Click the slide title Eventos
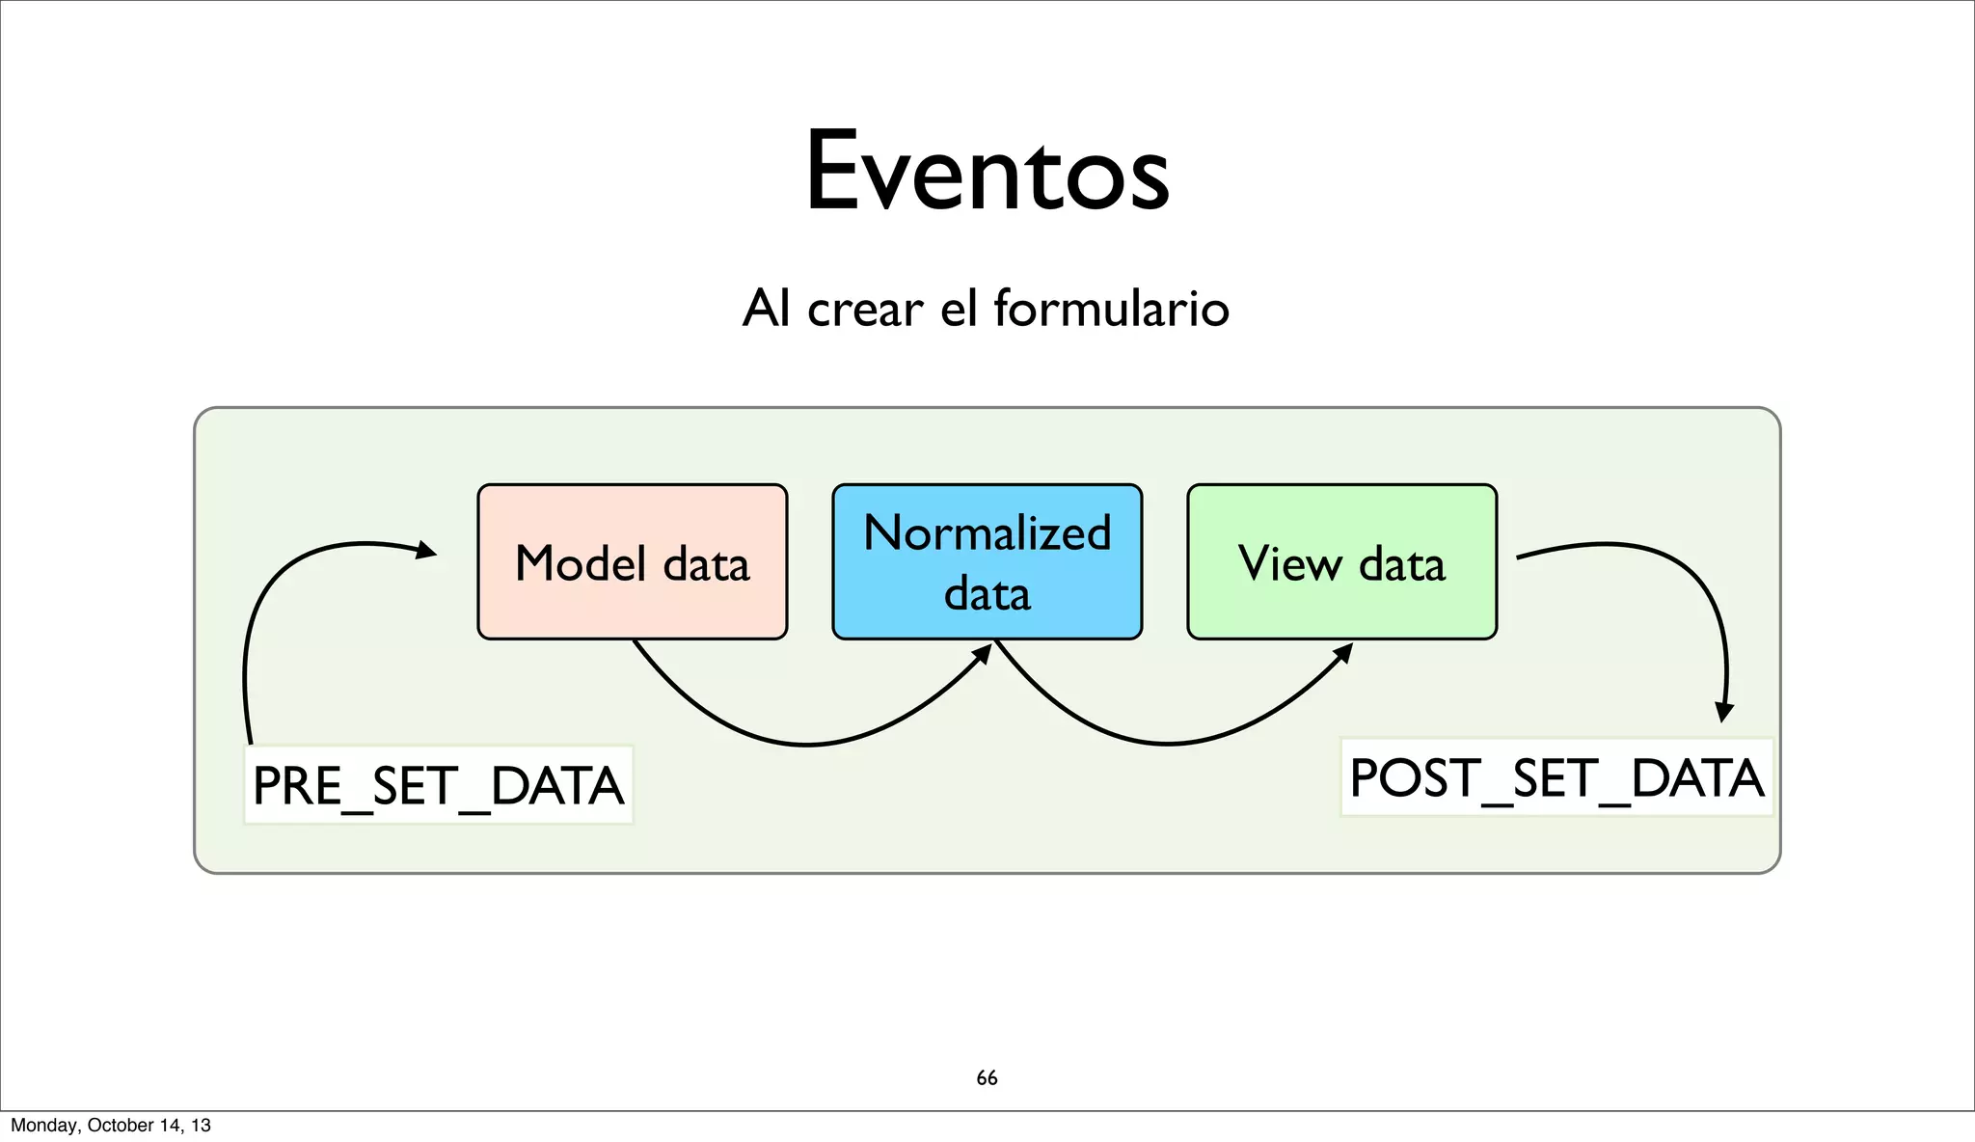coord(987,172)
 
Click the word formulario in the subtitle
coord(1111,309)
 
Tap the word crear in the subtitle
coord(865,311)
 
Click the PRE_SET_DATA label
coord(438,785)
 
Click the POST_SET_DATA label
coord(1556,777)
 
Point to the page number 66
coord(987,1077)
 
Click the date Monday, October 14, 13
coord(110,1125)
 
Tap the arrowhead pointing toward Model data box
coord(426,551)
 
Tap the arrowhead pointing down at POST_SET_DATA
coord(1725,713)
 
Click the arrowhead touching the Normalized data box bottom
coord(983,654)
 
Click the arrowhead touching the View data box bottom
coord(1343,653)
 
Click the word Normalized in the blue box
coord(987,533)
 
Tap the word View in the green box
coord(1289,563)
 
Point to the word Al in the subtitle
coord(767,310)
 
